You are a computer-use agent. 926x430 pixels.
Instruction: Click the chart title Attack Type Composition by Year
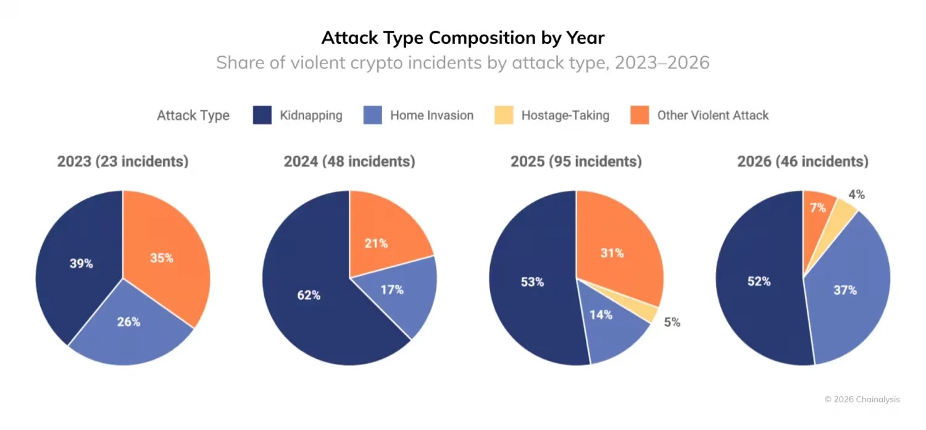point(462,38)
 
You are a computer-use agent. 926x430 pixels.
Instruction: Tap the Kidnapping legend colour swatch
point(262,115)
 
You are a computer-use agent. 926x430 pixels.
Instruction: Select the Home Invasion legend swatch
point(372,115)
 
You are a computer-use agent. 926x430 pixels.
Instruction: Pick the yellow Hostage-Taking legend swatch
point(504,115)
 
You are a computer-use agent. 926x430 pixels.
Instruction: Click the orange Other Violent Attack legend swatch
point(640,115)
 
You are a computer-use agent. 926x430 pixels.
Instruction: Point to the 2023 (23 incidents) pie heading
point(123,161)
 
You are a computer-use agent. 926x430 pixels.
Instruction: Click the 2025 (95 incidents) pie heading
point(576,161)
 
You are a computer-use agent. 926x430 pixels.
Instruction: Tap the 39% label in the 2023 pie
point(81,263)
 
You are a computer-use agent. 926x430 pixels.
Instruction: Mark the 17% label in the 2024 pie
point(392,290)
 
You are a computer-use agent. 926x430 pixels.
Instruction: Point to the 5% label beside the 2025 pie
point(672,322)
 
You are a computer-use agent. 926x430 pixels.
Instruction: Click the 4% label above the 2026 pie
point(857,194)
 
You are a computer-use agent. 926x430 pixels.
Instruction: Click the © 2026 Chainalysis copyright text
point(862,399)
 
